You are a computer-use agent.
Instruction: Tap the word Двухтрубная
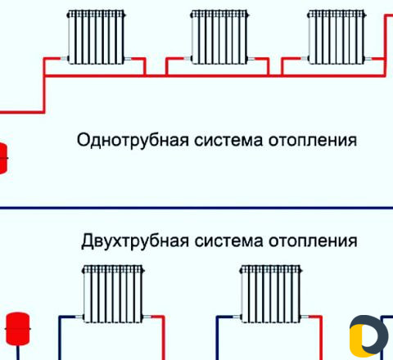tap(135, 241)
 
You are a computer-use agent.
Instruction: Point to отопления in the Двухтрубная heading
tap(313, 241)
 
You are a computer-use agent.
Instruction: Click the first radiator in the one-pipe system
tap(96, 37)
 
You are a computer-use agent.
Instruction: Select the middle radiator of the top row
tap(219, 37)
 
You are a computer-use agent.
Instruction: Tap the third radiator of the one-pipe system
tap(337, 37)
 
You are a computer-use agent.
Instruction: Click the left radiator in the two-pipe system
tap(113, 294)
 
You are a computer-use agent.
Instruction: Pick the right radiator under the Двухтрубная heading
tap(271, 294)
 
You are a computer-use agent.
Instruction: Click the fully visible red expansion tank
tap(18, 329)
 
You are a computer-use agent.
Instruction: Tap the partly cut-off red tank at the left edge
tap(3, 158)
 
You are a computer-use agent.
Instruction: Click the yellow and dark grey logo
tap(368, 336)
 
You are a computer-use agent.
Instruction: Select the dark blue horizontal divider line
tap(196, 208)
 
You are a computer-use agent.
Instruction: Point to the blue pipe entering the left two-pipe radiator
tap(60, 337)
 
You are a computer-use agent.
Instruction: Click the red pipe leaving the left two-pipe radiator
tap(163, 337)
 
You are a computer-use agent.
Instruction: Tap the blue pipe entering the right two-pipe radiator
tap(217, 337)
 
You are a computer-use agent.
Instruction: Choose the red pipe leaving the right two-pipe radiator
tap(321, 337)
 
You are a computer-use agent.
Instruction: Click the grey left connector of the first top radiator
tap(64, 58)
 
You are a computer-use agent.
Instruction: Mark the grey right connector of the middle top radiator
tap(251, 58)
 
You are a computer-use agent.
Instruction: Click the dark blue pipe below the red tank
tap(18, 353)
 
